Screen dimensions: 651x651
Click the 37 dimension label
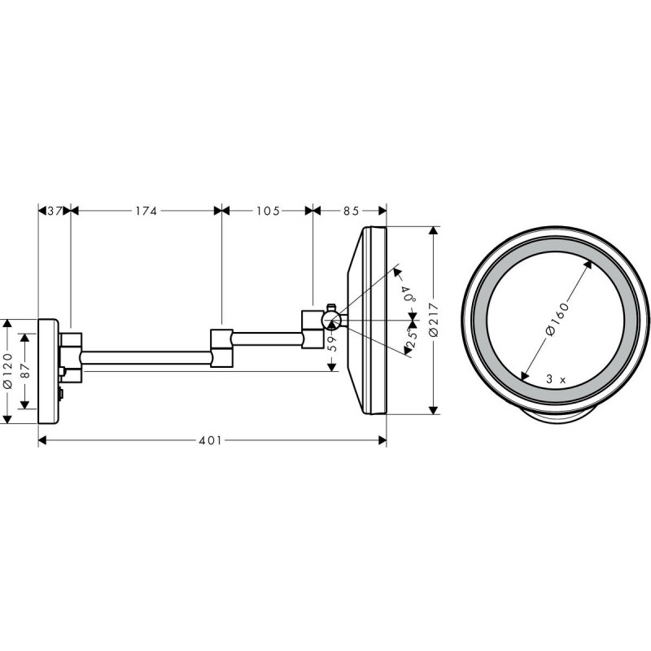point(55,211)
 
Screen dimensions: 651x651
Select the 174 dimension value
point(146,211)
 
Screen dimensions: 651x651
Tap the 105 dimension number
point(268,211)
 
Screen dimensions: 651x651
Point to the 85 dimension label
point(351,211)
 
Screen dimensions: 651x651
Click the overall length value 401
point(210,440)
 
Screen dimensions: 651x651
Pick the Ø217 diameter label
point(434,320)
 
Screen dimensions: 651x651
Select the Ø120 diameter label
point(8,371)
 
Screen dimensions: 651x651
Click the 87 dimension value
point(25,371)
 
